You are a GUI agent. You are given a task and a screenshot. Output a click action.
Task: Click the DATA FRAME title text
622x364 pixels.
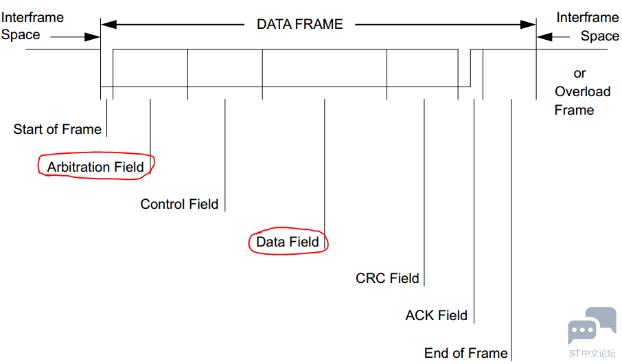299,24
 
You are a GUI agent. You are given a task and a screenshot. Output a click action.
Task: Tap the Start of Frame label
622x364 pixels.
57,129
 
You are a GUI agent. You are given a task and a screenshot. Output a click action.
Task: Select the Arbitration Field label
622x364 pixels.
95,167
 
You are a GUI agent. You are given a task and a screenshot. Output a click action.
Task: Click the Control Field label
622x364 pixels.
179,204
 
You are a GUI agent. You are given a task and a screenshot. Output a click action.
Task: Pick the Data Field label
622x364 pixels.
288,242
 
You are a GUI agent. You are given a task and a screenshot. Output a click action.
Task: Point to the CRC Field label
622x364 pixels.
387,278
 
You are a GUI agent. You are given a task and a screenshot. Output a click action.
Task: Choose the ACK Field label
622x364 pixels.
436,316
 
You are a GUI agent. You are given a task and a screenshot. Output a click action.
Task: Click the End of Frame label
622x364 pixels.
465,353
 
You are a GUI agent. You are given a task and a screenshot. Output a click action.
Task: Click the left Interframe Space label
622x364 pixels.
32,25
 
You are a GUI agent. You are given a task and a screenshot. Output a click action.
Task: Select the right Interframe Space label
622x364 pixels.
587,27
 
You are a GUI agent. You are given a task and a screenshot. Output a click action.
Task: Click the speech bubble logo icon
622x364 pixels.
591,327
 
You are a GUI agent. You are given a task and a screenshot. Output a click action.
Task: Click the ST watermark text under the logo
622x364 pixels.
592,353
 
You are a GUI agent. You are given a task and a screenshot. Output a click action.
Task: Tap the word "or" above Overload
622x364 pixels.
579,73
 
